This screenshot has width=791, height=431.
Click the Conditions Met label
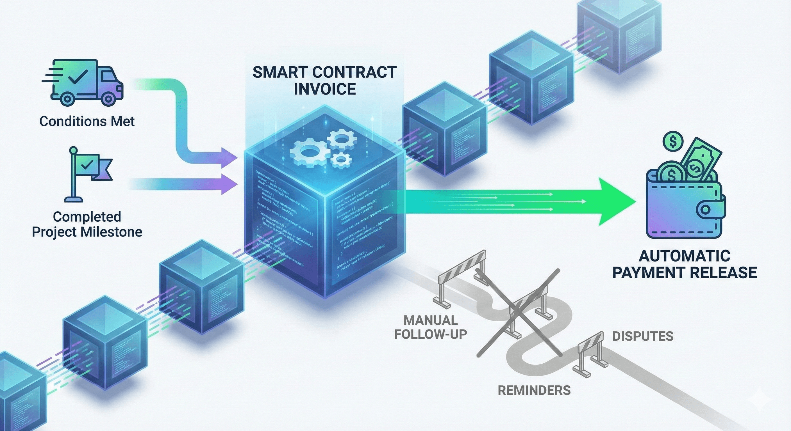87,121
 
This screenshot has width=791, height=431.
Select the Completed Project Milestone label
87,224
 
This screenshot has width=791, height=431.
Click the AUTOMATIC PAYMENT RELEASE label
685,264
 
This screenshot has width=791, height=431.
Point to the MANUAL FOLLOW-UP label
431,327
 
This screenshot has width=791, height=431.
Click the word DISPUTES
643,336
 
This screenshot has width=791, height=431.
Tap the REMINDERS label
534,390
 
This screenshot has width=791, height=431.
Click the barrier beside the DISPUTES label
591,353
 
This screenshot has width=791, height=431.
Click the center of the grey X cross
519,313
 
